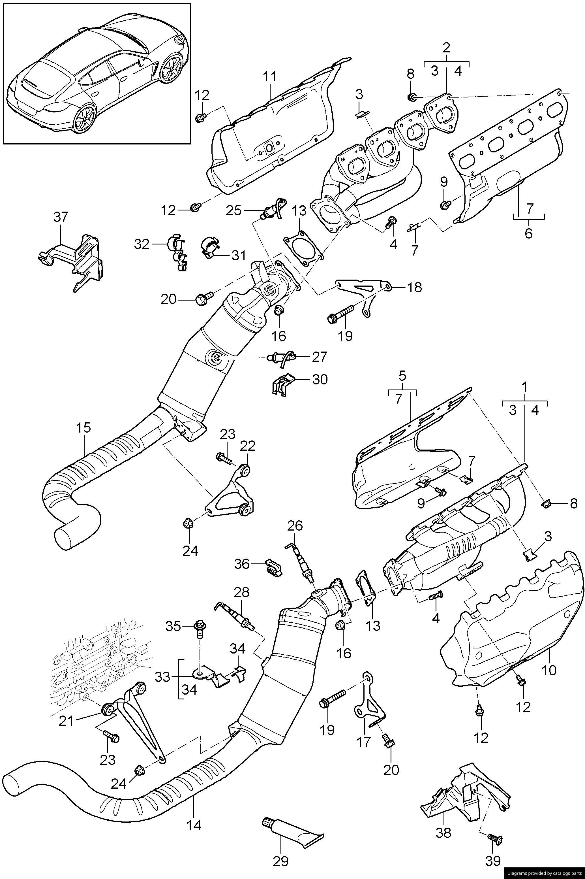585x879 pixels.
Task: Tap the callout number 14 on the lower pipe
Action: (x=194, y=814)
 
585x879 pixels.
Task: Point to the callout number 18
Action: (x=414, y=287)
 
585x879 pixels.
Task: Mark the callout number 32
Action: (x=142, y=244)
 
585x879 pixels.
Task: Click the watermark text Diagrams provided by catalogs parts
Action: (x=544, y=873)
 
